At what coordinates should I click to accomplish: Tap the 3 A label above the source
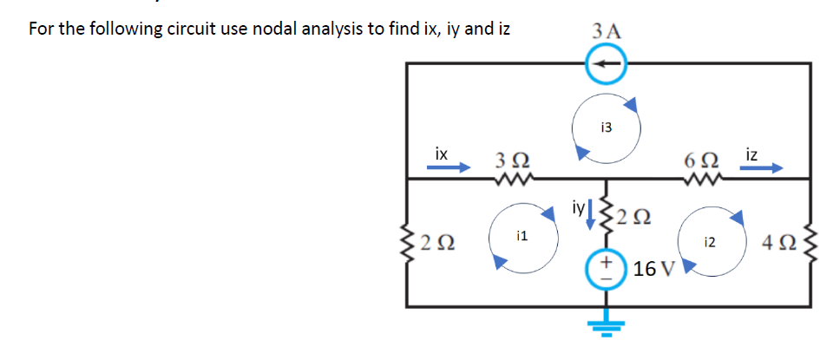(605, 29)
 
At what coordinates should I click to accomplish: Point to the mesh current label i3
(606, 127)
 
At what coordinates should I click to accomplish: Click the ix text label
(441, 154)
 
